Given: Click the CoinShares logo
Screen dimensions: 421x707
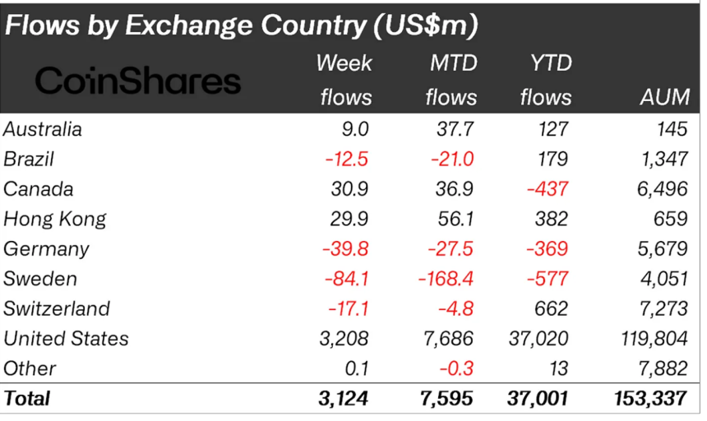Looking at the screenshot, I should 138,81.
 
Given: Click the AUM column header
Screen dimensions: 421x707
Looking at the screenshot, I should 663,97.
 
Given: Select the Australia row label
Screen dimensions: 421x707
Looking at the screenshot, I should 43,128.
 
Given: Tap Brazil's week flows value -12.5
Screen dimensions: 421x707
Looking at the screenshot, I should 346,159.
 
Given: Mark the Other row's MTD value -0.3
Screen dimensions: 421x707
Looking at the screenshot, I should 457,368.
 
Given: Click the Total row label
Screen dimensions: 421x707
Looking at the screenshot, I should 27,399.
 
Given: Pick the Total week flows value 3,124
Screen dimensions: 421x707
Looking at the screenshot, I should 344,399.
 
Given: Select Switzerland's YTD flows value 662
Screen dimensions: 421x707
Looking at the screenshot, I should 549,308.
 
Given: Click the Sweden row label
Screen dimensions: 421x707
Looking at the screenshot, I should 40,279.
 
